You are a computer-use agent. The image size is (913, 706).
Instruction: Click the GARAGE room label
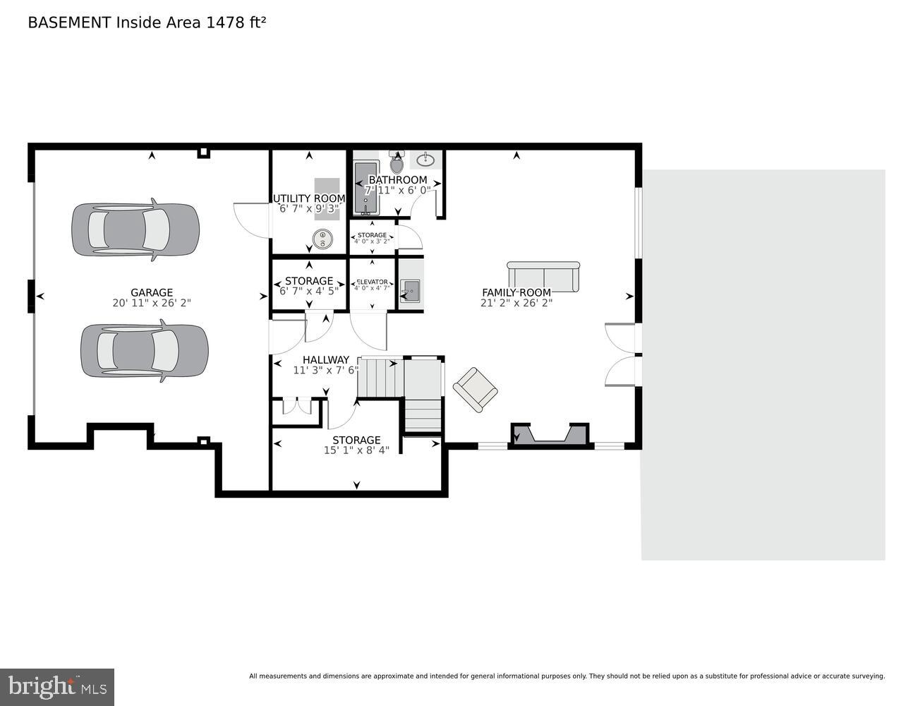[152, 292]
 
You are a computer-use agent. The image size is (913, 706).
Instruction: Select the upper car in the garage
[135, 230]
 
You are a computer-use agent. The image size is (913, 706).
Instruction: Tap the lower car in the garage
[144, 351]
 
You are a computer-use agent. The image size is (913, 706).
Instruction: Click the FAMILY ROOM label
[516, 292]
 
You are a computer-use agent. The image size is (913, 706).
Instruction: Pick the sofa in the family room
[543, 276]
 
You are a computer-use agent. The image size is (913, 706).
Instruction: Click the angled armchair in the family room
[475, 389]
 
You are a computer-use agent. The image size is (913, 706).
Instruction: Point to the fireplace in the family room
[550, 434]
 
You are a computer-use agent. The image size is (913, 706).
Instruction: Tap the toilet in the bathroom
[397, 162]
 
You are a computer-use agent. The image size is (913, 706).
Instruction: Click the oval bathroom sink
[425, 159]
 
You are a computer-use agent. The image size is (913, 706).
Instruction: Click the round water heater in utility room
[323, 239]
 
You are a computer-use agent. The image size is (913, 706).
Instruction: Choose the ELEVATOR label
[372, 282]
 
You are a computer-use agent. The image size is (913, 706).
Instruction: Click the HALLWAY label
[326, 359]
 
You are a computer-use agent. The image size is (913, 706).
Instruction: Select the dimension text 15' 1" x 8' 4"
[356, 450]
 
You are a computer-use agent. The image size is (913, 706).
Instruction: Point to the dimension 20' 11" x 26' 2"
[152, 303]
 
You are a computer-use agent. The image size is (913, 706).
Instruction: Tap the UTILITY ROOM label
[309, 198]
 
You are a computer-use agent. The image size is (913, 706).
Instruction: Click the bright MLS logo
[57, 686]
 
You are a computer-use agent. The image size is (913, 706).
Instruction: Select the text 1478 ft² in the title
[236, 23]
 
